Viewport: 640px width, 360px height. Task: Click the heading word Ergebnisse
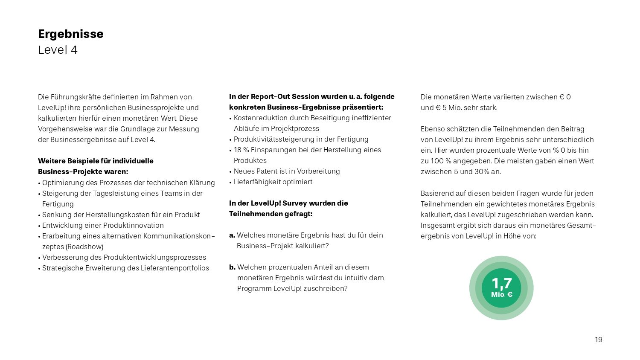point(70,34)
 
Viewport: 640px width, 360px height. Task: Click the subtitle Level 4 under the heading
point(58,50)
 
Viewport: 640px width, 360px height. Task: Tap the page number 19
point(599,340)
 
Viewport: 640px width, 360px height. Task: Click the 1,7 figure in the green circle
point(501,283)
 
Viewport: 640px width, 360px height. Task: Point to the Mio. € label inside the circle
point(501,294)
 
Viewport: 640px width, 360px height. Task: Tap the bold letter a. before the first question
point(232,235)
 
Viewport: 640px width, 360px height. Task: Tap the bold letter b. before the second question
point(232,267)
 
